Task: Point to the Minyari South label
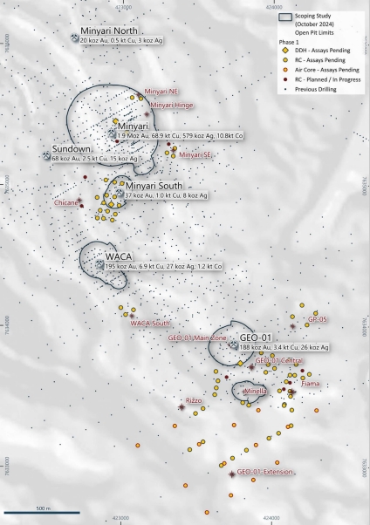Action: click(x=154, y=187)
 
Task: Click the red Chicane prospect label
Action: click(x=67, y=202)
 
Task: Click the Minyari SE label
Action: click(x=196, y=155)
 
